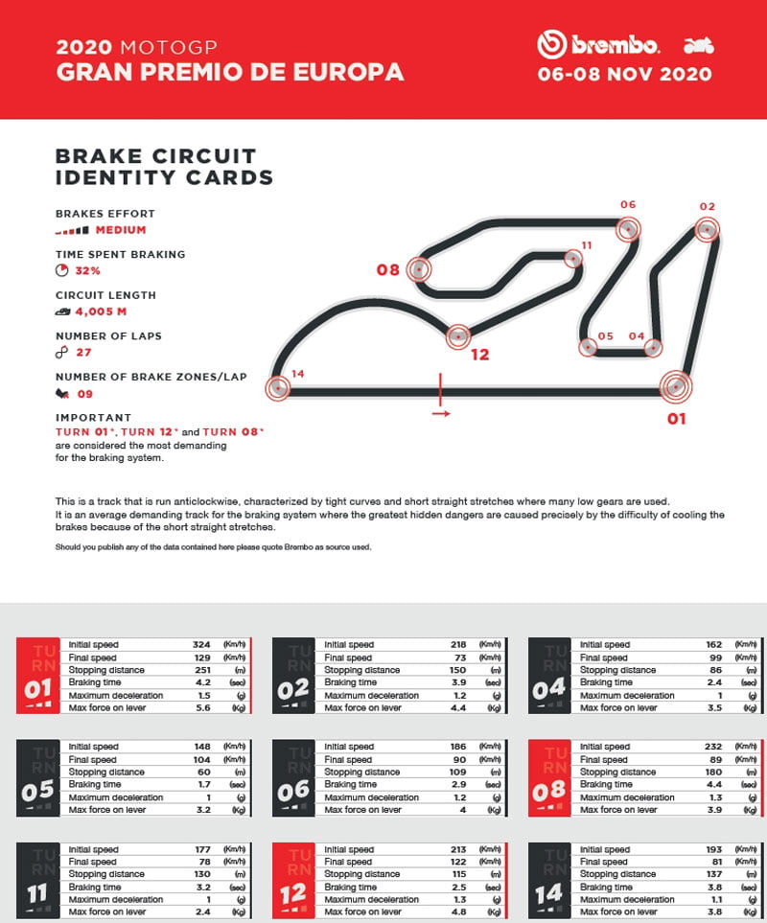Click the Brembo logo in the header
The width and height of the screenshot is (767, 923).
pos(599,44)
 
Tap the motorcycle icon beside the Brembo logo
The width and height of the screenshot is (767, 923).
pos(698,45)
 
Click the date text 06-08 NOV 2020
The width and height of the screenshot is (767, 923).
pos(624,74)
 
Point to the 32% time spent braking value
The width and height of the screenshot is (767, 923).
pos(87,271)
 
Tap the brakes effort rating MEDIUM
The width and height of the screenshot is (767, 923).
pos(120,230)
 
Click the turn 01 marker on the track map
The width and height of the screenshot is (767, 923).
pos(676,386)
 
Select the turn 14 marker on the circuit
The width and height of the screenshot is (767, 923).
pos(278,388)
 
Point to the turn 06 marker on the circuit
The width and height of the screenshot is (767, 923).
pos(627,229)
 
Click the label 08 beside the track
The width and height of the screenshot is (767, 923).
pos(387,270)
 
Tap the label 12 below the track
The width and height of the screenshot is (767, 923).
pos(480,355)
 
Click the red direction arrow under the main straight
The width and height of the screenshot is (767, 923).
pos(440,414)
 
